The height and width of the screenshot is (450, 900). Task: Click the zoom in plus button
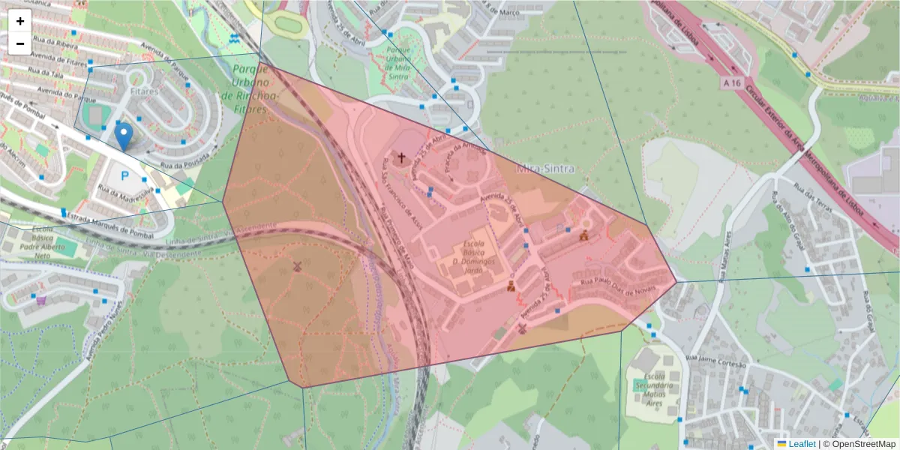coord(20,21)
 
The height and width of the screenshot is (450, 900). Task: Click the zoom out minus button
coord(20,43)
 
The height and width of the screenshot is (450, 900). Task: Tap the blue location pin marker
coord(124,137)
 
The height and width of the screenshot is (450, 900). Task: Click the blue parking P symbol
coord(124,178)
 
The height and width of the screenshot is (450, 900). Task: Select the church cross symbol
coord(401,157)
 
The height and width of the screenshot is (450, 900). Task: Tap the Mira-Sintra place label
coord(545,169)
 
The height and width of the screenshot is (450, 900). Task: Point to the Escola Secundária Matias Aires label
coord(650,386)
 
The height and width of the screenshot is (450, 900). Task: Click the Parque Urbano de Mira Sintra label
coord(397,62)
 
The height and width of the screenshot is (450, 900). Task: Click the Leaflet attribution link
coord(801,444)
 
